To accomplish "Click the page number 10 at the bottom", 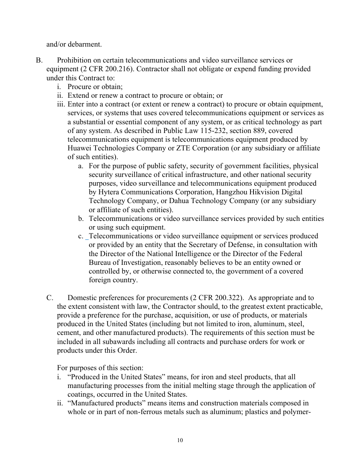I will pos(180,440).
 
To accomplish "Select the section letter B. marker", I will pos(39,60).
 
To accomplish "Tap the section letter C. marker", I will pos(50,298).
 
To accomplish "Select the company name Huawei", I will pos(79,148).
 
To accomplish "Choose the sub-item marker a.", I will pos(81,166).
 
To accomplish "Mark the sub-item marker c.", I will pos(81,236).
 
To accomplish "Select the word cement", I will pos(69,333).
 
